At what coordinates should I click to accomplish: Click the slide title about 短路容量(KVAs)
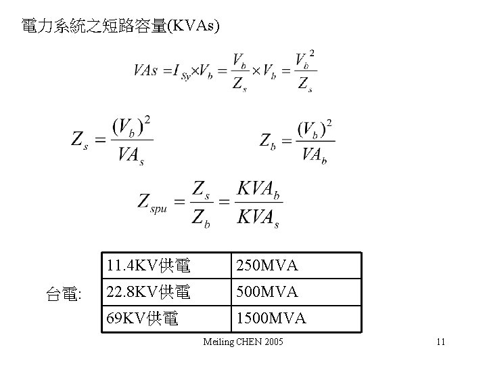pos(120,26)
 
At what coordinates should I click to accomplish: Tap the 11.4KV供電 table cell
pos(147,265)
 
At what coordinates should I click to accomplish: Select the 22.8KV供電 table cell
pos(147,292)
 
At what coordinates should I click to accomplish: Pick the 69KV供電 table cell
pos(141,318)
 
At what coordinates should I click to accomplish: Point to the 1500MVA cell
pos(270,318)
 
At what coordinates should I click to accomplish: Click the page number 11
pos(440,342)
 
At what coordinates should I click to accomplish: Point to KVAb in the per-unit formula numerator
pos(258,190)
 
